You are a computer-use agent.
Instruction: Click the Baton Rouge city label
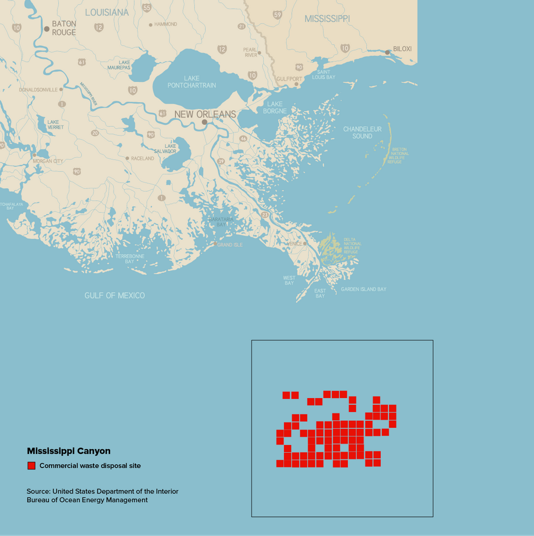click(64, 28)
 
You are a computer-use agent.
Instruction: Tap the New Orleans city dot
click(204, 122)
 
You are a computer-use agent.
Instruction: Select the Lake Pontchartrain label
click(192, 82)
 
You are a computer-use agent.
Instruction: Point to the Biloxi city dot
click(388, 52)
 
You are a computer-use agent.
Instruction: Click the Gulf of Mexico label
click(115, 296)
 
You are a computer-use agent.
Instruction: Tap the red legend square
click(31, 466)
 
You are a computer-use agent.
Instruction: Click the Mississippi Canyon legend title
click(68, 451)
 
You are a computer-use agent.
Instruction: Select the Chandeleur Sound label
click(362, 132)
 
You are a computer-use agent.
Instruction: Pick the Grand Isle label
click(230, 245)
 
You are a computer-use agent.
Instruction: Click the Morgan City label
click(48, 161)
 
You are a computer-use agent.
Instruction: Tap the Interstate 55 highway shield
click(146, 8)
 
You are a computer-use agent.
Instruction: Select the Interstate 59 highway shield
click(277, 15)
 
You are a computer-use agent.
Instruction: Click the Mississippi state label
click(327, 19)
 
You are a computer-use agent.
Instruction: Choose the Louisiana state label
click(107, 12)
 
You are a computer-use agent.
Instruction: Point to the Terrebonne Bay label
click(129, 259)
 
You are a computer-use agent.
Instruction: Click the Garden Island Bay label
click(363, 289)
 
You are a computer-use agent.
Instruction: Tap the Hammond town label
click(165, 24)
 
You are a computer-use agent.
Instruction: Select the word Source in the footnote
click(38, 491)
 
